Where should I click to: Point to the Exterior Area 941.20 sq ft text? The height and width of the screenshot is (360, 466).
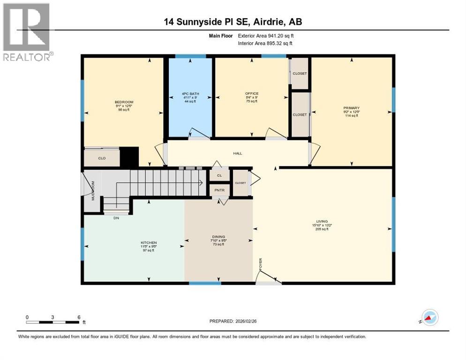coord(266,36)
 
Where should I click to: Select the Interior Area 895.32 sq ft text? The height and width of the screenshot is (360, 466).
coord(265,43)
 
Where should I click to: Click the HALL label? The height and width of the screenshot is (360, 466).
coord(238,153)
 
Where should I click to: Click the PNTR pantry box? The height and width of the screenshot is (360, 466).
coord(219,190)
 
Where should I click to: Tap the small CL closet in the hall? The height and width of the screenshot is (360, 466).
coord(219,175)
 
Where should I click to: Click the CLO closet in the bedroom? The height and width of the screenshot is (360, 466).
coord(102,158)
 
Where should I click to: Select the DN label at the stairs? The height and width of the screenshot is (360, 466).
coord(116,217)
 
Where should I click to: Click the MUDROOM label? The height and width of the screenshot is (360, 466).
coord(93,190)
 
